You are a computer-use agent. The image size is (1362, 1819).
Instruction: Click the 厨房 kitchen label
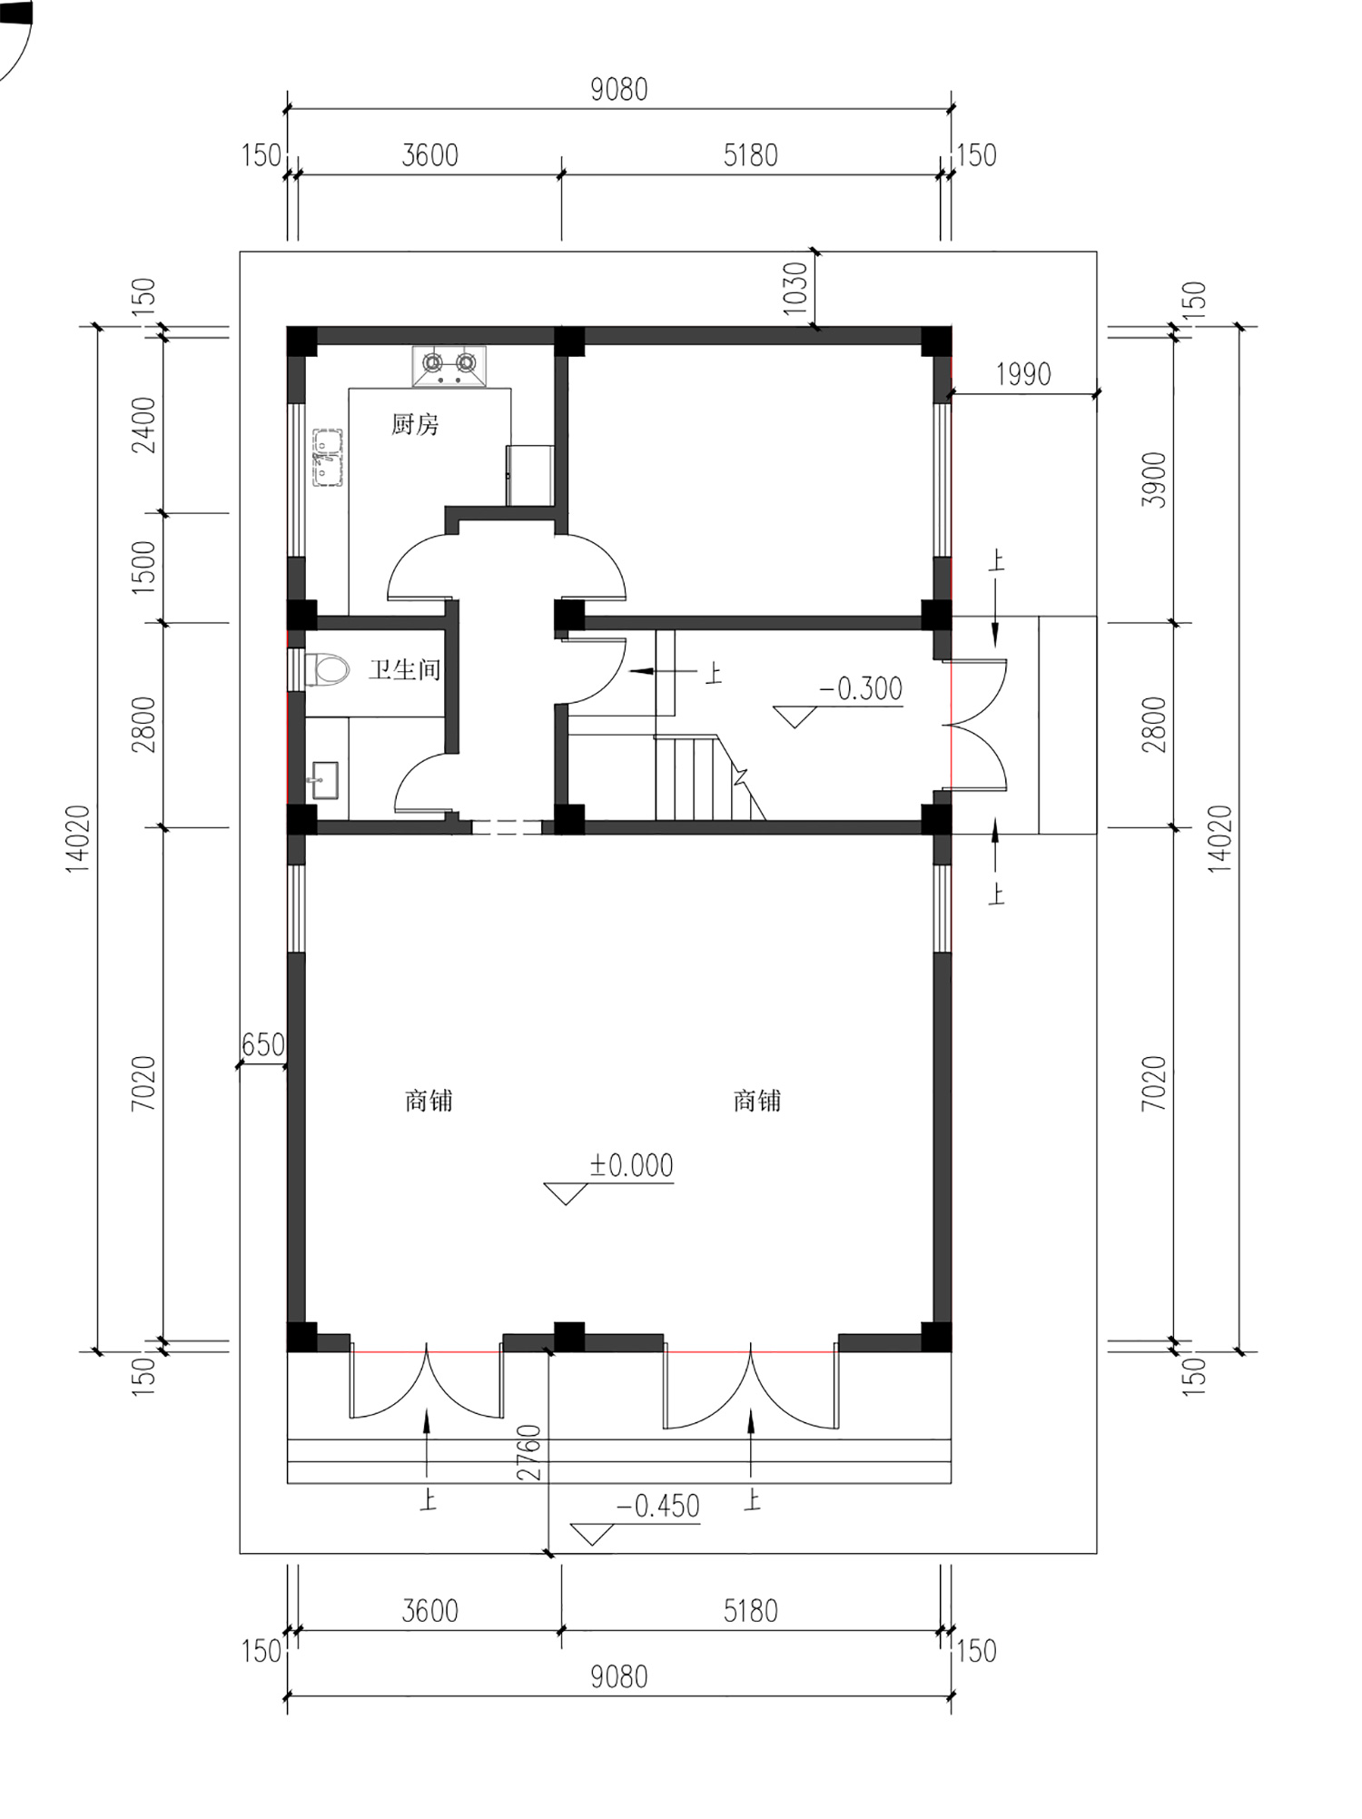coord(415,424)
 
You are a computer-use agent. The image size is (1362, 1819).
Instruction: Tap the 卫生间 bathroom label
coord(404,670)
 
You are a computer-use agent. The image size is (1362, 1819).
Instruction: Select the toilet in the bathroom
coord(327,670)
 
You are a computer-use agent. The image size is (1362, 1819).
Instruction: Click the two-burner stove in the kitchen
coord(449,365)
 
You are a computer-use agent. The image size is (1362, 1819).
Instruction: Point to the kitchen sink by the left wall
coord(327,457)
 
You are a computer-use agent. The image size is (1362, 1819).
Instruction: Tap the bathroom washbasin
coord(323,780)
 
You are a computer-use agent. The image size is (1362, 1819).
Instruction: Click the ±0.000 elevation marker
coord(631,1166)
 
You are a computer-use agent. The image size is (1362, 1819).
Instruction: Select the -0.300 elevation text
coord(860,689)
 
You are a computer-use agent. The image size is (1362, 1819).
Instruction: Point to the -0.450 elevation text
coord(657,1507)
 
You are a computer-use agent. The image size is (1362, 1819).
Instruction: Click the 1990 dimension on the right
coord(1022,374)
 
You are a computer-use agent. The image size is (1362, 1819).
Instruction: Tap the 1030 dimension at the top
coord(794,289)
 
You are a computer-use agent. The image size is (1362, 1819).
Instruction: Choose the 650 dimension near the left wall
coord(263,1045)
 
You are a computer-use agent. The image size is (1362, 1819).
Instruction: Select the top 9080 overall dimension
coord(619,90)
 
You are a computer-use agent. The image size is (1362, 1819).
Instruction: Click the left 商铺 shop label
coord(429,1101)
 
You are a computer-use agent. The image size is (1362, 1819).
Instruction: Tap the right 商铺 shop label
coord(757,1101)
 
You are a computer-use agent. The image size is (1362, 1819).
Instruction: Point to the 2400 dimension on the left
coord(144,425)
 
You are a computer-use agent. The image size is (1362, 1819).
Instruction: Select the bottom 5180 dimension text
coord(751,1611)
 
